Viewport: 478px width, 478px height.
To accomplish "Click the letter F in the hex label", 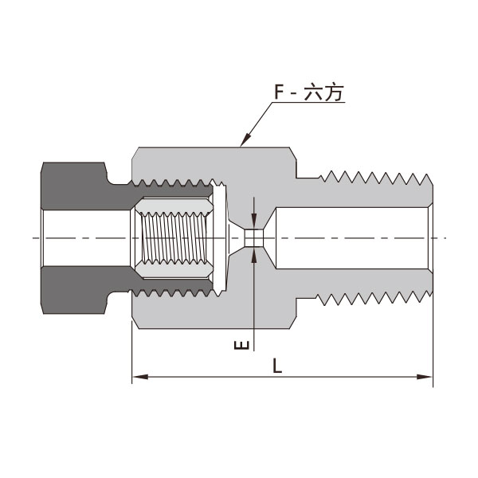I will tap(280, 93).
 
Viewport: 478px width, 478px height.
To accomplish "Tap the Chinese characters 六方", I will tap(326, 93).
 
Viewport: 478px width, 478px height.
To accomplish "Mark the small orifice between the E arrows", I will tap(255, 238).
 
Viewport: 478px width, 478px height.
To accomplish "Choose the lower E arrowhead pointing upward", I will tap(255, 254).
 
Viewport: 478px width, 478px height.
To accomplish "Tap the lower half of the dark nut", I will tap(76, 292).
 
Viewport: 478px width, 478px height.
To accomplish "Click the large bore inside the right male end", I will tap(351, 238).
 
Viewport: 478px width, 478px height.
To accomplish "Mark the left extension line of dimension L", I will tap(131, 351).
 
